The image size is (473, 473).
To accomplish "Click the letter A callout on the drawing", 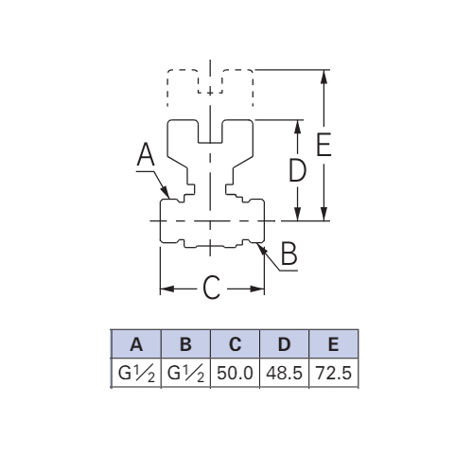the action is [146, 154].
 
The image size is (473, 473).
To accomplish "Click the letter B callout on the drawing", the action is [289, 254].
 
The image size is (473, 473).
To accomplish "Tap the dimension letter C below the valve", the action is [211, 288].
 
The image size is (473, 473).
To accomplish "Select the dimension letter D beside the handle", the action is [298, 170].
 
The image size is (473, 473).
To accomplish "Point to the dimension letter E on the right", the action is [324, 145].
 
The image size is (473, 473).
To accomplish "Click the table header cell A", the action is [136, 344].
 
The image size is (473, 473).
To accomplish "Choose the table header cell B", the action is [185, 344].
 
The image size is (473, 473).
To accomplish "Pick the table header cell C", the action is [235, 344].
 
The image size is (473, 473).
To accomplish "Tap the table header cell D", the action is [285, 344].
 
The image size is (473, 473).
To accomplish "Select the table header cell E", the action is [334, 344].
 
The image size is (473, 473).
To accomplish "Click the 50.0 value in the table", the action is [235, 373].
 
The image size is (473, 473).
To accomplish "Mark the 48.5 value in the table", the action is [284, 373].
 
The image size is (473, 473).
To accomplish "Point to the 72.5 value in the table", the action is [334, 373].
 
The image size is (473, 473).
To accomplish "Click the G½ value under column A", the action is [136, 374].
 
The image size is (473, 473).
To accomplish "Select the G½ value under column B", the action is [185, 374].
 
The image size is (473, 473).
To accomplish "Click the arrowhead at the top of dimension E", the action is [324, 77].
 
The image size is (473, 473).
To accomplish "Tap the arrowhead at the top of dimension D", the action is [297, 127].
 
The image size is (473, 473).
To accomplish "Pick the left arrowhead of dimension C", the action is [167, 289].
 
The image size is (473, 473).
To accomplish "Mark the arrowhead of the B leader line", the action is [263, 250].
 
